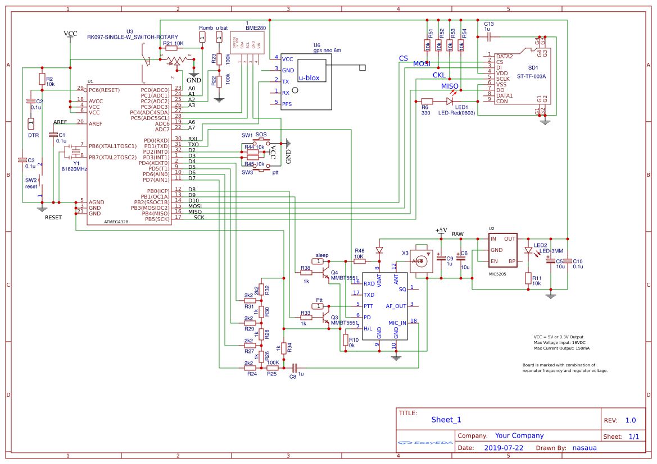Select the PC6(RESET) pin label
(105, 90)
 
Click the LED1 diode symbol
(450, 101)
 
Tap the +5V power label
(441, 231)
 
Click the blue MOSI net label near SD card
(422, 64)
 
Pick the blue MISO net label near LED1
(450, 86)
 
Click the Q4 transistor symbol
(326, 273)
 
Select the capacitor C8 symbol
(294, 367)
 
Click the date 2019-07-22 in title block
(503, 448)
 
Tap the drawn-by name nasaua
(584, 448)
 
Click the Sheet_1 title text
(446, 420)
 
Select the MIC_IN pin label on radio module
(397, 323)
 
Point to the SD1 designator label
(533, 68)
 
